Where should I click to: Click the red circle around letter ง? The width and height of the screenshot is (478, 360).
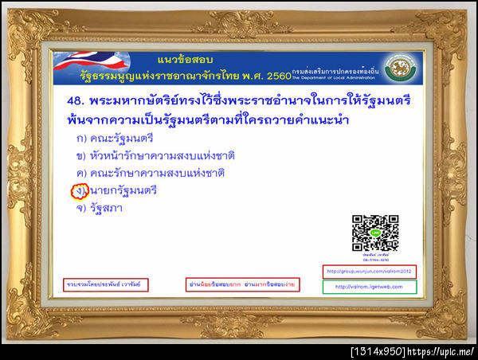pos(79,191)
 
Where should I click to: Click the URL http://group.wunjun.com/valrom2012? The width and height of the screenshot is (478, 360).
pos(369,271)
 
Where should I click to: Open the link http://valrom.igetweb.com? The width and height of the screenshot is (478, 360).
pos(369,287)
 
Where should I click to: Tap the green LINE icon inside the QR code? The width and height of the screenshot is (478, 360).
pos(375,232)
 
